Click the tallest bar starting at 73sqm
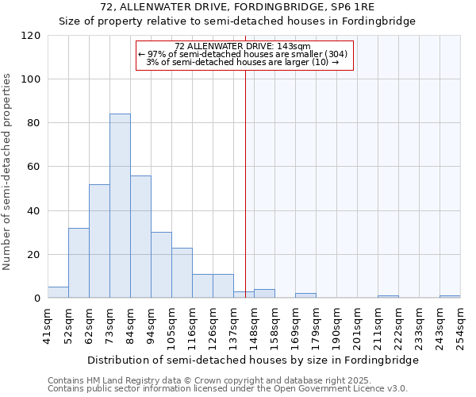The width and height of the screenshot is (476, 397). coord(120,206)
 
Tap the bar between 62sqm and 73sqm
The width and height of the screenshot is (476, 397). coord(99,241)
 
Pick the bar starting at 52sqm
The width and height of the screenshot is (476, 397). coord(79,263)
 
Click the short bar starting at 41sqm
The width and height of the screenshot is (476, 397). coord(58,292)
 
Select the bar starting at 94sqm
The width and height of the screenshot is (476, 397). coord(161,265)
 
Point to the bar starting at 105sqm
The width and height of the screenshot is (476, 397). coord(182,273)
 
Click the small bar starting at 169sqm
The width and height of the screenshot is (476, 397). coord(305,296)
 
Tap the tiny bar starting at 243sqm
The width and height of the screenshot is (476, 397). coord(450,297)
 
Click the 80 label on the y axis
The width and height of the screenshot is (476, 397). coord(34,123)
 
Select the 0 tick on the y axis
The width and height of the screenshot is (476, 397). coord(37,299)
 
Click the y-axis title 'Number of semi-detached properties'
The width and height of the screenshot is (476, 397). coord(8,172)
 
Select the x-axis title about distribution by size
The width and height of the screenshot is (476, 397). coord(252,360)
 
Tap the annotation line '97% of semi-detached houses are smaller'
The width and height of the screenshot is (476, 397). coord(242,54)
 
